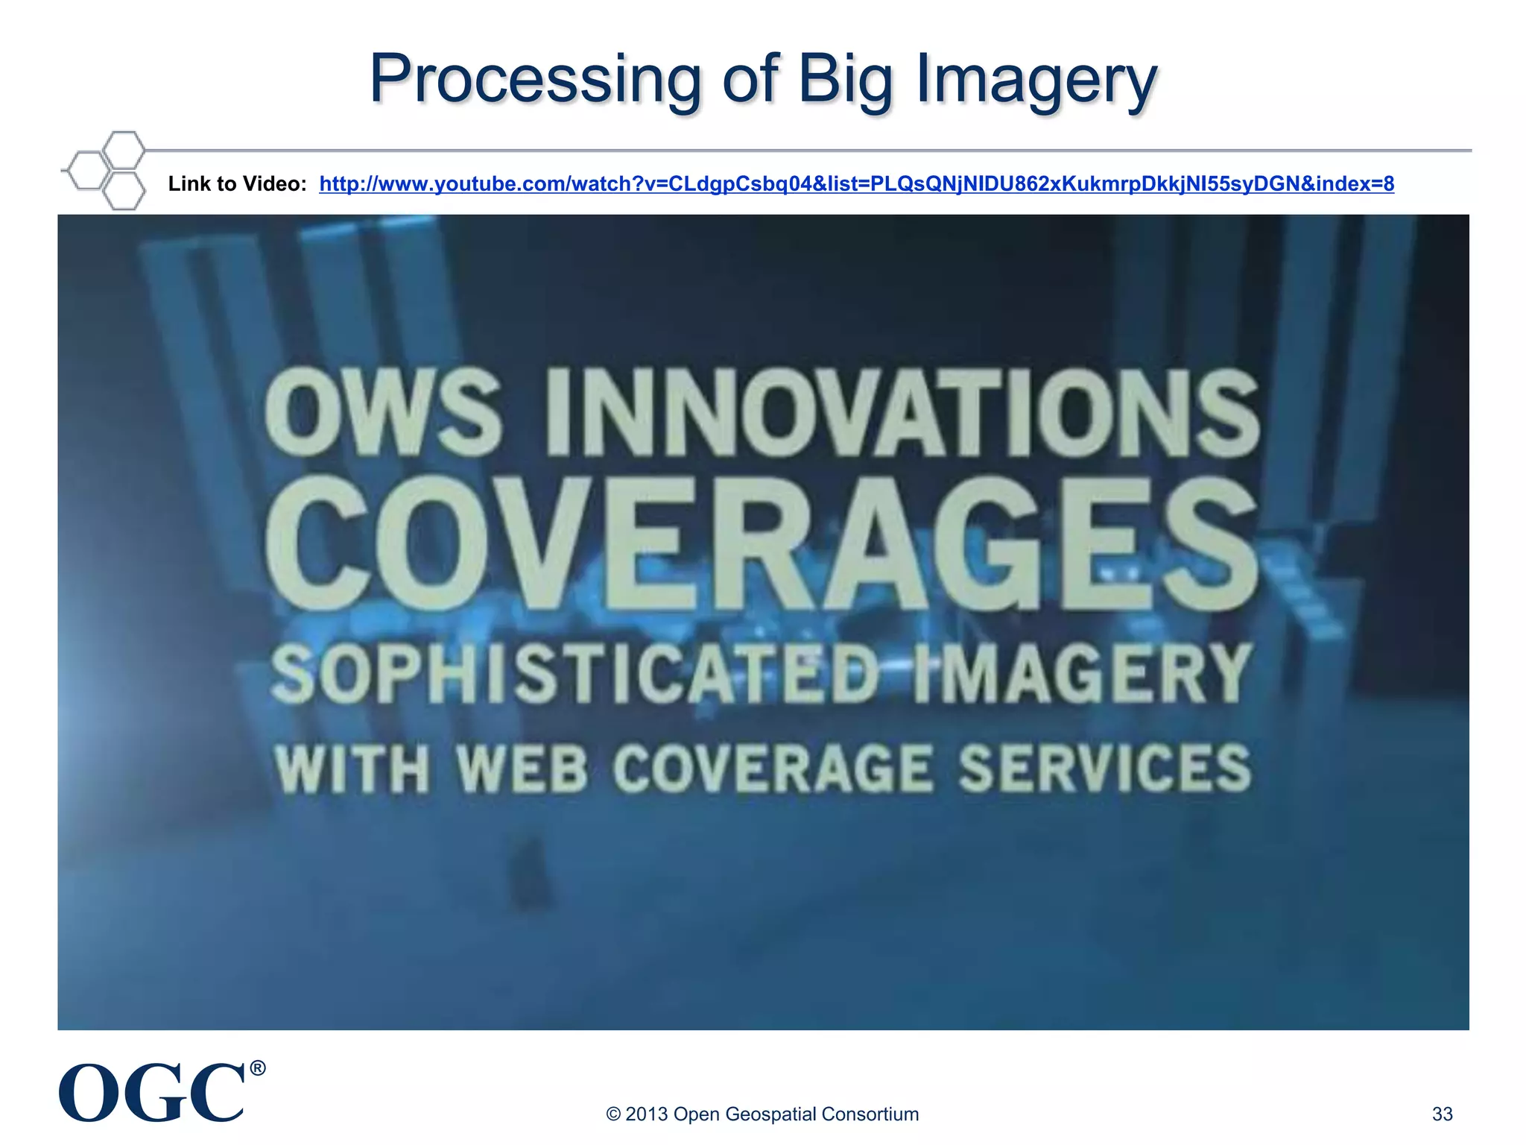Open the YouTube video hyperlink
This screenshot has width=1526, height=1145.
[x=856, y=184]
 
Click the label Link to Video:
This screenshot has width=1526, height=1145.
[x=237, y=184]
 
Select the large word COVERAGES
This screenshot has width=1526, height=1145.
[x=760, y=544]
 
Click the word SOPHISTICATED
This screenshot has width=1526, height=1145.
[x=574, y=675]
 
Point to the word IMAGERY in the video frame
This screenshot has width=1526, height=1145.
[x=1080, y=675]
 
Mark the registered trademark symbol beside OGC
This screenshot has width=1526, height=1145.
[x=257, y=1068]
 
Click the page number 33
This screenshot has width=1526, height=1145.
[x=1442, y=1114]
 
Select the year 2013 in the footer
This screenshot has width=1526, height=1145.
[x=646, y=1114]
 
